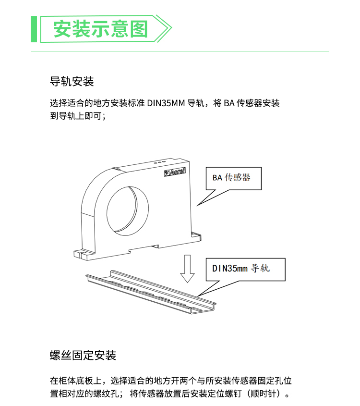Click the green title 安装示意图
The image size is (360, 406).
(x=101, y=29)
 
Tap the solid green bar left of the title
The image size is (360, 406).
(x=34, y=29)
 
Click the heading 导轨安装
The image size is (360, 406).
(x=72, y=81)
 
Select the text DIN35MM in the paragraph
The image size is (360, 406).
(x=166, y=103)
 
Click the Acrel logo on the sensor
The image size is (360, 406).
(x=175, y=172)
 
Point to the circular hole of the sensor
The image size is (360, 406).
(x=128, y=211)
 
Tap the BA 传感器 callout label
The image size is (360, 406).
(x=231, y=178)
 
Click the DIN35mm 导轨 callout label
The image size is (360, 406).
(x=241, y=269)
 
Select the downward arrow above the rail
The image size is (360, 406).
(x=187, y=269)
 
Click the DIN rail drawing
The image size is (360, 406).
(x=151, y=292)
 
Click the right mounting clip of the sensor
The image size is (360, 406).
(x=196, y=237)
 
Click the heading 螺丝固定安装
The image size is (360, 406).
(x=83, y=355)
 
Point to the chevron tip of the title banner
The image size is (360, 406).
(x=171, y=28)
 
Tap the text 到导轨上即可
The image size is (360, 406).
(x=76, y=116)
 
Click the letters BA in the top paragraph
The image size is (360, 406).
(x=229, y=103)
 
